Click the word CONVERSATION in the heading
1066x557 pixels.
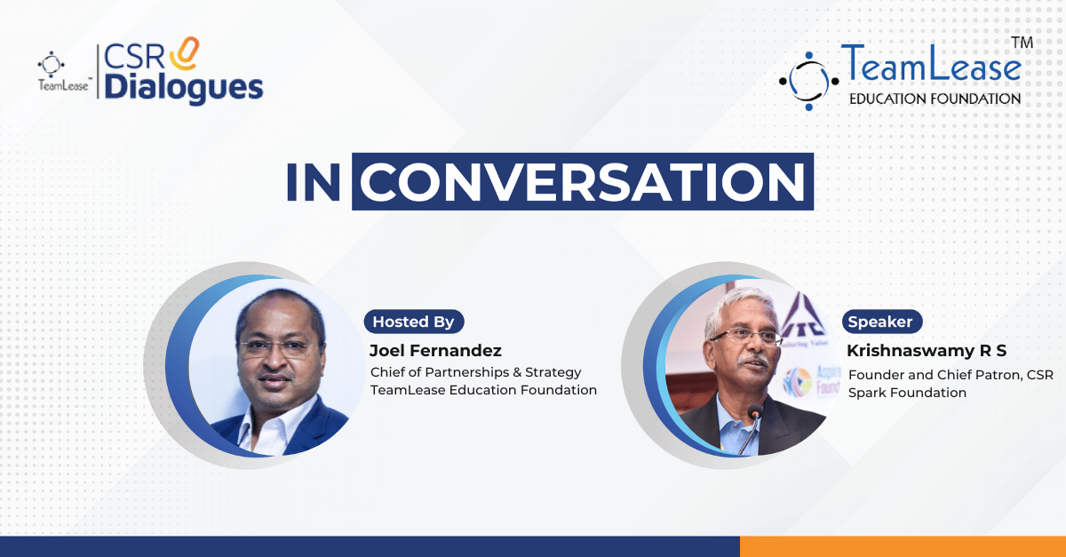583,182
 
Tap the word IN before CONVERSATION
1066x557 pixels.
313,182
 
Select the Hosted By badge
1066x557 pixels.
414,322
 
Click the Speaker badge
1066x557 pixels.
882,322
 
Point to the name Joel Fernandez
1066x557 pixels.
435,350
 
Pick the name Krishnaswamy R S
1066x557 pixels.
927,350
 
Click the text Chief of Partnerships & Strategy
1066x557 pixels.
476,372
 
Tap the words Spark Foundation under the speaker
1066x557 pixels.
907,393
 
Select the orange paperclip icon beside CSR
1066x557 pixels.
185,53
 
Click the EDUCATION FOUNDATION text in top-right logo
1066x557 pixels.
935,99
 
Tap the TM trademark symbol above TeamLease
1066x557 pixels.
1022,43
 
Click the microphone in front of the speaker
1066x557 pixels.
752,427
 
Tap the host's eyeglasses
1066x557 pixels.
278,348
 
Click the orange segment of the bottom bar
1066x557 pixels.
903,546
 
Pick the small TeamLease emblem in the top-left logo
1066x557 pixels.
51,64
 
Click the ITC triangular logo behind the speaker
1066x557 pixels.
803,316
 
